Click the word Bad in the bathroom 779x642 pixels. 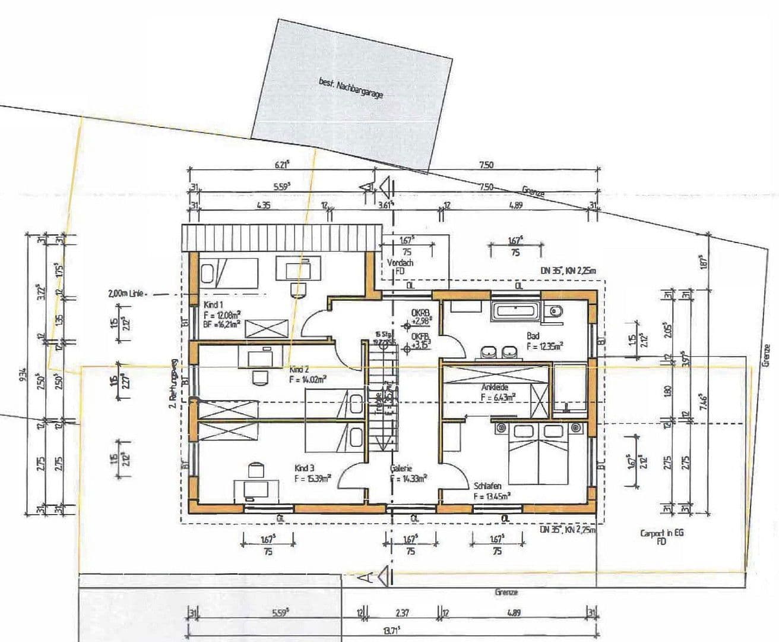coord(533,336)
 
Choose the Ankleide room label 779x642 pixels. coord(495,387)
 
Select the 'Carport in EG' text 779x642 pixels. coord(661,533)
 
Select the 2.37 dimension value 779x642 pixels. coord(401,612)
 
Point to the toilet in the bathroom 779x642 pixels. coord(555,310)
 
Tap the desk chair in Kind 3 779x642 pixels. coord(255,470)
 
